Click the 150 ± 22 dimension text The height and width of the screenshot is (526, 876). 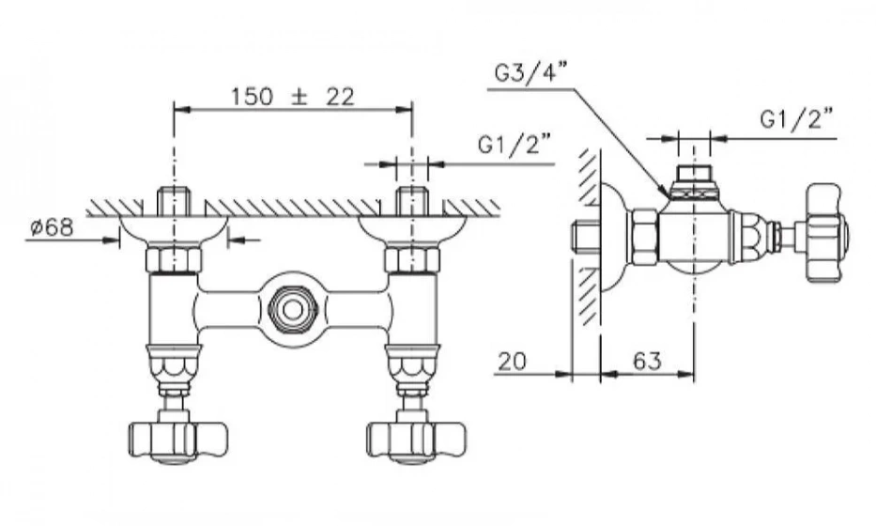[x=292, y=96]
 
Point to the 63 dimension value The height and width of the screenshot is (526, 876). [x=645, y=361]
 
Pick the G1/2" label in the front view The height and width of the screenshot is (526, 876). [x=515, y=145]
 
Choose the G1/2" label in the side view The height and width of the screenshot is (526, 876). [x=796, y=119]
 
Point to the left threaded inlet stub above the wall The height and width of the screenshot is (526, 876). [x=174, y=201]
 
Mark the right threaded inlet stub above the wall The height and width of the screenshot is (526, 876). [x=411, y=201]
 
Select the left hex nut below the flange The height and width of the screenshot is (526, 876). [x=174, y=260]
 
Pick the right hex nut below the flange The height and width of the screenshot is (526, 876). [x=411, y=260]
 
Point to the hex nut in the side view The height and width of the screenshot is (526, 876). [x=644, y=236]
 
